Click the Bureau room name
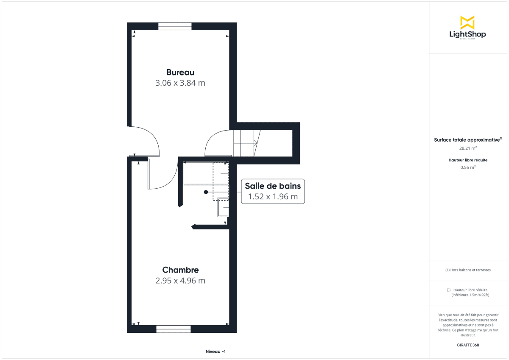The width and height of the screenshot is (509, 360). pos(180,72)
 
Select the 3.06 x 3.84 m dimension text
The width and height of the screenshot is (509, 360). pos(180,83)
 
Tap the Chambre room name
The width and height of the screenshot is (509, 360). pos(180,270)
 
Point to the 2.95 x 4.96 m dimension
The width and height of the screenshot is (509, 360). pos(180,281)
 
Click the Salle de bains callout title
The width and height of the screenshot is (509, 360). pos(273,186)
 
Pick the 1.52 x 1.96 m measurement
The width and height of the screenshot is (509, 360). pos(273,197)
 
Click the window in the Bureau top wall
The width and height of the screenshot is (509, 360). pos(175,26)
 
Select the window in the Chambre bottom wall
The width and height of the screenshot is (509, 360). pos(173,329)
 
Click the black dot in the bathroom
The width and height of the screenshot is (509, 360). pos(206,192)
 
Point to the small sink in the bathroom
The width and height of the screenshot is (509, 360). pos(223,207)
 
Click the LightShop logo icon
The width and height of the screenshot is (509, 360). pos(467,22)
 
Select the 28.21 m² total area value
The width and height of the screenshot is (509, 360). pos(468,148)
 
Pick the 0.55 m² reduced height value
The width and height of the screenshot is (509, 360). pos(468,167)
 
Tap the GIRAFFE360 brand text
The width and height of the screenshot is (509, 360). pos(468,345)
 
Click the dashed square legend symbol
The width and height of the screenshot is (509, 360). pos(449,290)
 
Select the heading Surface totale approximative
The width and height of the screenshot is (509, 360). pos(467,140)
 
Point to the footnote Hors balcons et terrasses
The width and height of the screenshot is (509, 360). pos(468,270)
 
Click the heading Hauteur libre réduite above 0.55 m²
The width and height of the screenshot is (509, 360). pos(468,160)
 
